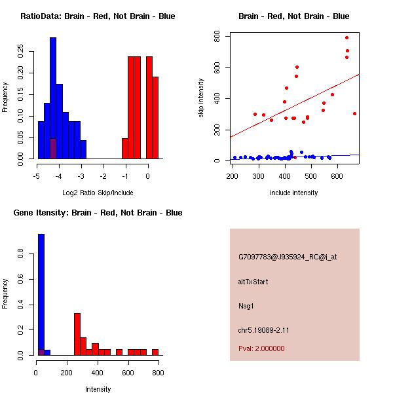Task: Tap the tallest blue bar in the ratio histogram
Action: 53,98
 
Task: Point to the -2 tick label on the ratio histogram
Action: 103,176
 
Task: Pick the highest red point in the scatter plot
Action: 346,37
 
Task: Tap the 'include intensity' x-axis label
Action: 293,193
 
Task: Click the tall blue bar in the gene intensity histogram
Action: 41,295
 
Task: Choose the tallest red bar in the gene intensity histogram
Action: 77,334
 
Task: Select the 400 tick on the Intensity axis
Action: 96,373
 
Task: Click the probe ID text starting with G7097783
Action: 288,257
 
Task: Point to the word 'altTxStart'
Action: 253,282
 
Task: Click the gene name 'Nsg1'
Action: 246,305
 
